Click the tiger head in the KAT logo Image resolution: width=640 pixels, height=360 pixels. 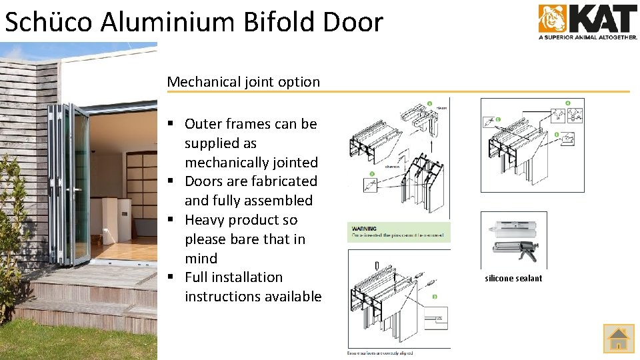point(551,19)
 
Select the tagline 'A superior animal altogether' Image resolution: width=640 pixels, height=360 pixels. point(587,37)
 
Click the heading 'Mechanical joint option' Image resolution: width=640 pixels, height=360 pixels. point(243,82)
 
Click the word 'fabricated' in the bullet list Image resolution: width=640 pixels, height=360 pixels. point(284,181)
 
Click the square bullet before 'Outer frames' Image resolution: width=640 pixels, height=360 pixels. point(171,124)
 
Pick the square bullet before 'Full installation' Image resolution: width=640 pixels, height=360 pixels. point(171,277)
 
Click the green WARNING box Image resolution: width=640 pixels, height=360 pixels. point(399,232)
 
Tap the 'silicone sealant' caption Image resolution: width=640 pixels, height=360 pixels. point(513,279)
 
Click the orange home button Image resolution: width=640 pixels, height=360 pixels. point(619,338)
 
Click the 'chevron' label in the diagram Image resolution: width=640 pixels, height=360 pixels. point(393,167)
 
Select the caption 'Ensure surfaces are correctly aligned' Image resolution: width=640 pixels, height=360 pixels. point(380,352)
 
